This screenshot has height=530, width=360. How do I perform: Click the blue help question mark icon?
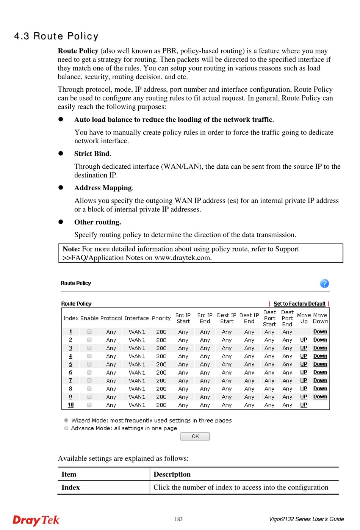tap(324, 283)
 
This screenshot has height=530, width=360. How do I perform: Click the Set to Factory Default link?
tap(299, 304)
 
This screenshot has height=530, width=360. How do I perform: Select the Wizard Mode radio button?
tap(66, 420)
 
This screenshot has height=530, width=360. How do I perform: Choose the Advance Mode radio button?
tap(66, 428)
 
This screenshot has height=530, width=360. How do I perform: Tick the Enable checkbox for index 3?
tap(89, 348)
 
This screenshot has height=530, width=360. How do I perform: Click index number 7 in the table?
tap(70, 381)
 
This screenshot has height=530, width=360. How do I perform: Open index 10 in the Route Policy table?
tap(71, 405)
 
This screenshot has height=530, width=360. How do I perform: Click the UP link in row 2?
tap(304, 340)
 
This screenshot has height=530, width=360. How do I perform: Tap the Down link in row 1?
tap(320, 332)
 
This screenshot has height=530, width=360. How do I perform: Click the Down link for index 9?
tap(320, 397)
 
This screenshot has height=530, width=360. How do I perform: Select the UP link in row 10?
tap(304, 405)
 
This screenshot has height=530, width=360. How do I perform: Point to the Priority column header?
tap(161, 318)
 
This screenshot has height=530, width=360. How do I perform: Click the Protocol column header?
tap(111, 318)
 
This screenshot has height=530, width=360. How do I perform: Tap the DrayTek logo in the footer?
tap(36, 520)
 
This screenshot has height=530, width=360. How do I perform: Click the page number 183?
tap(179, 519)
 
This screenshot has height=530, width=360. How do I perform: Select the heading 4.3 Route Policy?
tap(56, 36)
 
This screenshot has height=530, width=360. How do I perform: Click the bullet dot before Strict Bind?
tap(61, 153)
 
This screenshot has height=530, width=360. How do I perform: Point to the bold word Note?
tap(71, 249)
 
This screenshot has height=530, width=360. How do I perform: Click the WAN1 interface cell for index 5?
tap(137, 364)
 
